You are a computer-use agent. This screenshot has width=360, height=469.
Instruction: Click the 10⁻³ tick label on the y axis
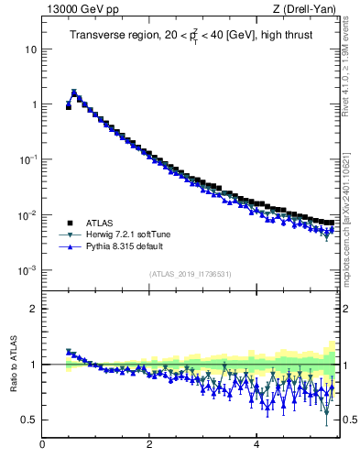tap(27, 271)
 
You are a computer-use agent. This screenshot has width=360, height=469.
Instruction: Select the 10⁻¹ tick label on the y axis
tap(27, 159)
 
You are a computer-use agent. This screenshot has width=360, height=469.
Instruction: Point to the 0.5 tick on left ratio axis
tap(29, 420)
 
